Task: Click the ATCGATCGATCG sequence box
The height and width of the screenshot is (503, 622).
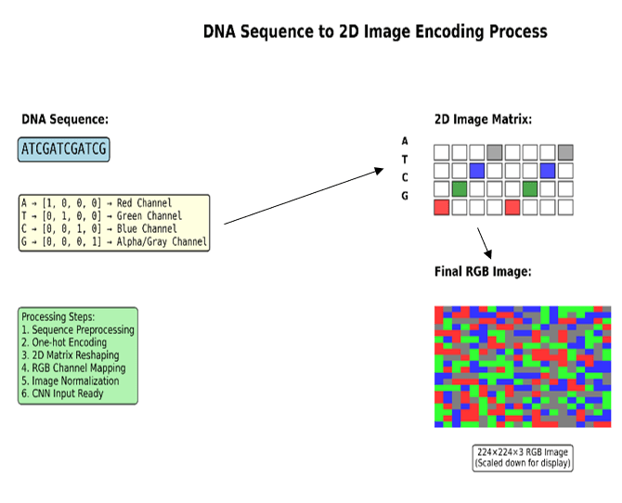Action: (x=63, y=149)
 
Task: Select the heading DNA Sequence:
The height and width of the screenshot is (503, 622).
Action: (x=65, y=120)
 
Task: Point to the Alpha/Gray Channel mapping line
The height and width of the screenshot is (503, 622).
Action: (x=113, y=242)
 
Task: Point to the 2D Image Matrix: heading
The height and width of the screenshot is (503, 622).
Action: (x=483, y=120)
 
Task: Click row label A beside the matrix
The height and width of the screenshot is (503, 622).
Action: (x=405, y=141)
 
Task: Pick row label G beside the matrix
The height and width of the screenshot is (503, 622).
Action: (x=405, y=197)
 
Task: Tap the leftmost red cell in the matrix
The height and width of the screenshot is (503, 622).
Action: (x=442, y=207)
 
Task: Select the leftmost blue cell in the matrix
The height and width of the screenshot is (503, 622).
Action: (x=477, y=171)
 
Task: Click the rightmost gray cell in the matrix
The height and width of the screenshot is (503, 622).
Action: (x=565, y=152)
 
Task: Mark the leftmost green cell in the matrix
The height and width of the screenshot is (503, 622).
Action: (x=460, y=189)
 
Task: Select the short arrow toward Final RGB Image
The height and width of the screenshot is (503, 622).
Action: (x=484, y=243)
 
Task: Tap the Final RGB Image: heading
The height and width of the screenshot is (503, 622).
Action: (x=483, y=272)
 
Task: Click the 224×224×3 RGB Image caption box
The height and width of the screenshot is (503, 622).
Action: (x=523, y=458)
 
